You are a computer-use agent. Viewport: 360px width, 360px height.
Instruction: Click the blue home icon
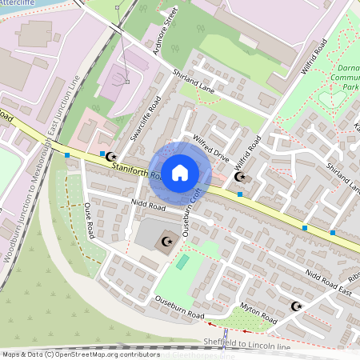pyautogui.click(x=180, y=172)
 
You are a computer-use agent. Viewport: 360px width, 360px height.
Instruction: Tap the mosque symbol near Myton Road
pyautogui.click(x=297, y=306)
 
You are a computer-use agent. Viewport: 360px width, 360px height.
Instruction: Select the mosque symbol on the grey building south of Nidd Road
pyautogui.click(x=167, y=241)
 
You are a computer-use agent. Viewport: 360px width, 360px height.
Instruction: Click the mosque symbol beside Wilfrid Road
pyautogui.click(x=239, y=178)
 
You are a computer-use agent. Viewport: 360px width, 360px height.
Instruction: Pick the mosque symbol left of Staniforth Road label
pyautogui.click(x=111, y=157)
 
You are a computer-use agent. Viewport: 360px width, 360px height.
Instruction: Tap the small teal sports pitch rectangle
pyautogui.click(x=183, y=262)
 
